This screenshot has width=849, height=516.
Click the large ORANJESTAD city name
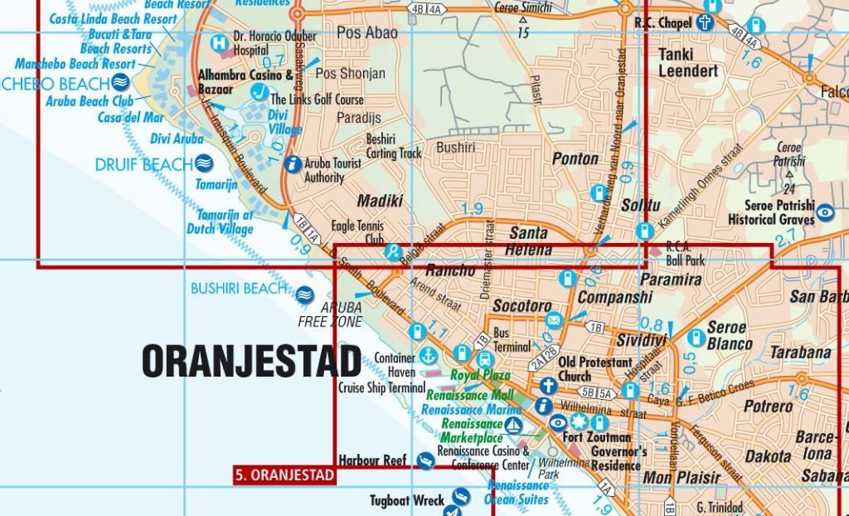tap(251, 361)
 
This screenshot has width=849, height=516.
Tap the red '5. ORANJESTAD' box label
tap(284, 475)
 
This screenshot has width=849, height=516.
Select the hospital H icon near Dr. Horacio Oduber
tap(219, 43)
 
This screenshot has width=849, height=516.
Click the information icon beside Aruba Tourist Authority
tap(292, 164)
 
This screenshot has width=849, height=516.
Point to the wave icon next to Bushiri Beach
tap(304, 293)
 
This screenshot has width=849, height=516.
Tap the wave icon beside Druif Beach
tap(205, 164)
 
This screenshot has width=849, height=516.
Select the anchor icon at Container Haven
tap(428, 356)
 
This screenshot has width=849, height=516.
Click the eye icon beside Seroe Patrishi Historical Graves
tap(826, 213)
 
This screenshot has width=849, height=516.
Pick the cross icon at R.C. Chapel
tap(705, 23)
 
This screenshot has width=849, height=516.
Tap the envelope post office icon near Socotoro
tap(554, 320)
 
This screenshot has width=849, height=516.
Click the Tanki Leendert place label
tap(688, 62)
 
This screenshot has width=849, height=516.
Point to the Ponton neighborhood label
tap(575, 158)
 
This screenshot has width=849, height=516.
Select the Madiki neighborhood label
tap(380, 201)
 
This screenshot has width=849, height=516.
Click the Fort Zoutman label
tap(596, 437)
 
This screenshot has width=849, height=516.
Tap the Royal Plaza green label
tap(480, 376)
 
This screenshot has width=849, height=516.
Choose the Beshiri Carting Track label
tap(394, 146)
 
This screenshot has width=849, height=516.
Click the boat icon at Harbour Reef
tap(425, 460)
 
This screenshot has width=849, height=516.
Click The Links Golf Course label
tap(318, 100)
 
